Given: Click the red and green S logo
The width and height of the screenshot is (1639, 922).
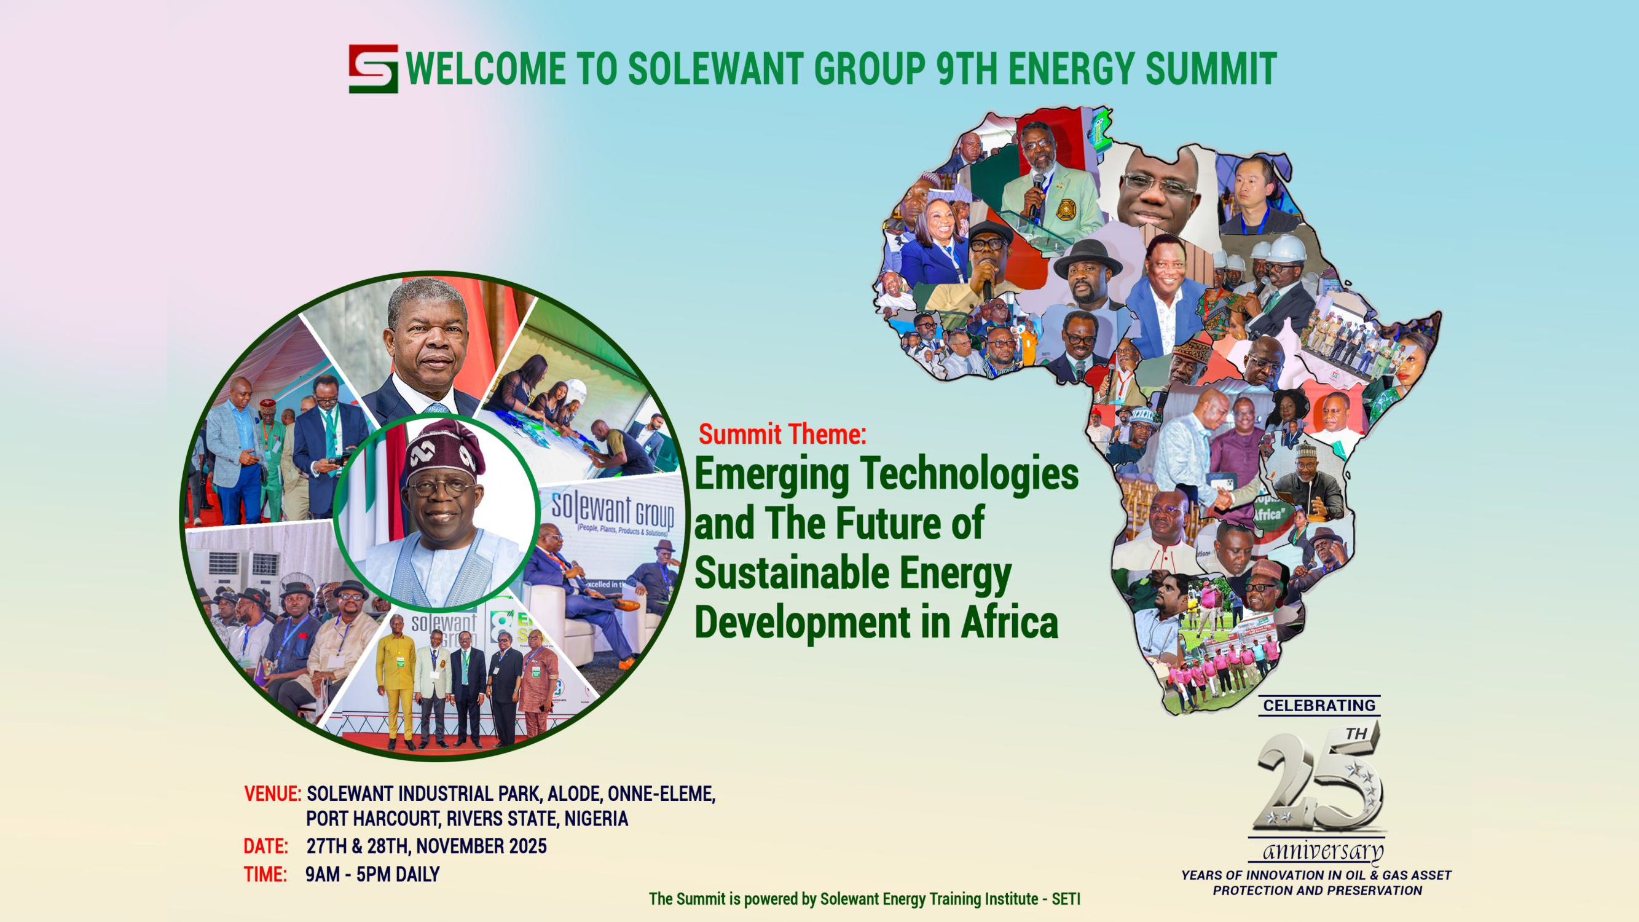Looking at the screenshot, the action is [x=374, y=69].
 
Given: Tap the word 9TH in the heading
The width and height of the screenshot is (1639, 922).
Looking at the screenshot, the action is [x=967, y=68].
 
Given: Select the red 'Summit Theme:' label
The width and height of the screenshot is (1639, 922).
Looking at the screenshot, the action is [x=782, y=435].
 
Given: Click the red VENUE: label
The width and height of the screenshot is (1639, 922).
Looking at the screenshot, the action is [x=272, y=794].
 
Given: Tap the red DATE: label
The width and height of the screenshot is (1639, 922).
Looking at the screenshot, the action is [x=266, y=846].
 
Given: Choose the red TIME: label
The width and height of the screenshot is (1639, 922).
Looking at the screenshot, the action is [x=265, y=874].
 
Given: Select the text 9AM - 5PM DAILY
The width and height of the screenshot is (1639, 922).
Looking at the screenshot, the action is [x=372, y=874].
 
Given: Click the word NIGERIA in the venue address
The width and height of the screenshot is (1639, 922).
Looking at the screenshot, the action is [x=596, y=819].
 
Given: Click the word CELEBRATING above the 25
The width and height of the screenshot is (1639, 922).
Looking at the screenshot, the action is [x=1319, y=706].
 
